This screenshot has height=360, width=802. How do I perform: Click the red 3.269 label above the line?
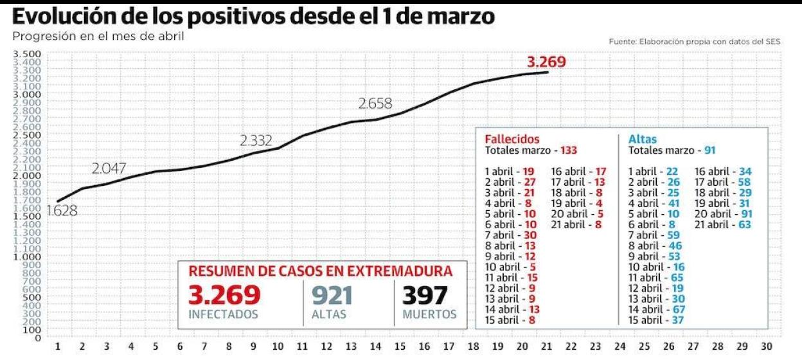click(x=546, y=62)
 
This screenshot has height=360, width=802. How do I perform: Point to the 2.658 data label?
click(x=375, y=104)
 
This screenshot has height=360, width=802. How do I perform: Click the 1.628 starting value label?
click(x=62, y=210)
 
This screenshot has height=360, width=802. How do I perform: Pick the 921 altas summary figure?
click(x=332, y=295)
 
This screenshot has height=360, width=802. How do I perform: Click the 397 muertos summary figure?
click(x=425, y=295)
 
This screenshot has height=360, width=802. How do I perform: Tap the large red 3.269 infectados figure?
click(x=224, y=295)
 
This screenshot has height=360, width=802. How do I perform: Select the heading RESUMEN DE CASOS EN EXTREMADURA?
click(x=320, y=271)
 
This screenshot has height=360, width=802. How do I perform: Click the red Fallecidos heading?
click(x=512, y=139)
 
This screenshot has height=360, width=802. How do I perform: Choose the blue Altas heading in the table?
click(x=643, y=139)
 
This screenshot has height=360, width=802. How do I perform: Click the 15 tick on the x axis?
click(x=400, y=346)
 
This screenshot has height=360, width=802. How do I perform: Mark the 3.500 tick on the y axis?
click(x=28, y=53)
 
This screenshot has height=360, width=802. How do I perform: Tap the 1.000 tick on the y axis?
click(x=28, y=256)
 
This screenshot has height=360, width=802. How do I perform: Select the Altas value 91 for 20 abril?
click(x=746, y=214)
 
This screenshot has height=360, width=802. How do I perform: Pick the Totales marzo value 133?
click(x=569, y=150)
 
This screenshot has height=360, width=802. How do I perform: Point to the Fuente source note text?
click(x=695, y=41)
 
